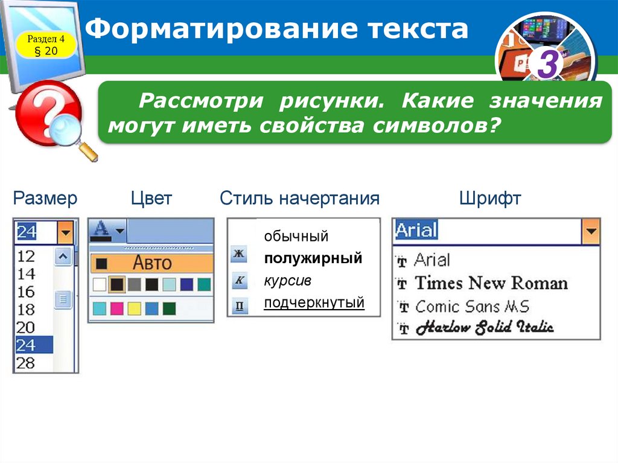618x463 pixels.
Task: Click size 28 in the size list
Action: tap(25, 363)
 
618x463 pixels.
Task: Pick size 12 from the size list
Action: tap(26, 257)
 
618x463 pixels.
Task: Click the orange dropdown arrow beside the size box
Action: tap(65, 232)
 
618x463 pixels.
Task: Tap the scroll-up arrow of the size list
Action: tap(63, 257)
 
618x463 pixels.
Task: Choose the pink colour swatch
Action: tap(116, 308)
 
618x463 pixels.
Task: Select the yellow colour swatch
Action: tap(134, 308)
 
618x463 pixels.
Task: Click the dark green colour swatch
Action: tap(169, 308)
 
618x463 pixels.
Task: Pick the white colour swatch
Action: tap(100, 284)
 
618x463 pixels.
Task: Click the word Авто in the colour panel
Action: tap(152, 263)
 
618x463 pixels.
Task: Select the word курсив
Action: tap(287, 281)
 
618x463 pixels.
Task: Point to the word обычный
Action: tap(296, 236)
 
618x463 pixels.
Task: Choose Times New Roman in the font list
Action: tap(491, 283)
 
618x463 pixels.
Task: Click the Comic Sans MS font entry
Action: tap(472, 307)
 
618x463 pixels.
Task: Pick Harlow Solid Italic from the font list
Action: tap(485, 327)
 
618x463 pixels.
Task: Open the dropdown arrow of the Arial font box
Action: tap(591, 232)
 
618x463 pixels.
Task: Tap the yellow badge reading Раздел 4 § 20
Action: tap(46, 45)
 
